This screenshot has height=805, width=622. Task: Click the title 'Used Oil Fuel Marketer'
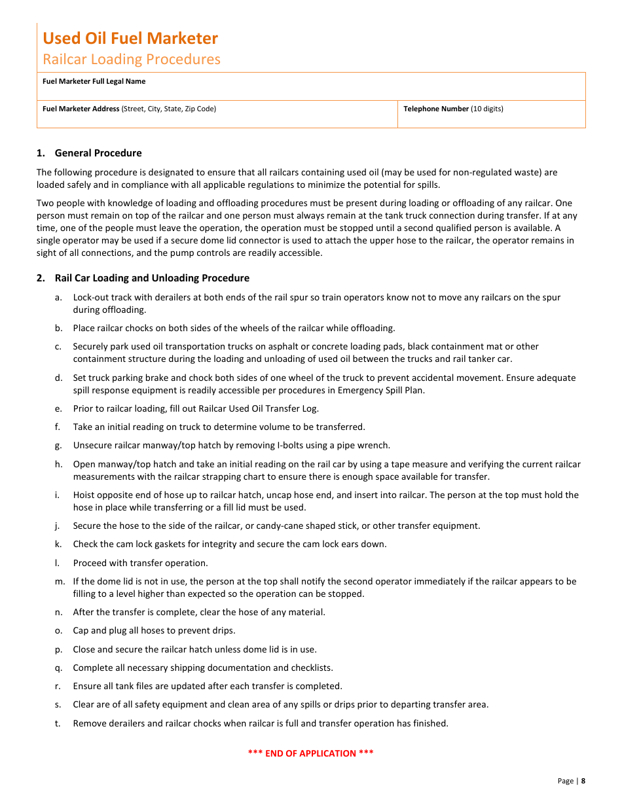coord(130,38)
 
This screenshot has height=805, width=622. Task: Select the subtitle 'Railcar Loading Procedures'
coord(132,59)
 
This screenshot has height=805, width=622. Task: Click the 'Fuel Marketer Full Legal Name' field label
coord(94,81)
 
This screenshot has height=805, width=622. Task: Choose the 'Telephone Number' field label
coord(436,109)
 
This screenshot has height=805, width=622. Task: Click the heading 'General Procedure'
coord(98,153)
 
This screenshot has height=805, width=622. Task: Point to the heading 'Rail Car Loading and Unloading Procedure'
coord(152,278)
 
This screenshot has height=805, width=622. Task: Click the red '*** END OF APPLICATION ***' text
coord(310,753)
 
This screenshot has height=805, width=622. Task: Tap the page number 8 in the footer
coord(583,781)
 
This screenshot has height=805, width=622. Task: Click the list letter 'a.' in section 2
coord(58,297)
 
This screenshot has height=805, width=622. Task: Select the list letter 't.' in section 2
coord(58,723)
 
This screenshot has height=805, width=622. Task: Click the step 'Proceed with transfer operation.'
coord(140,563)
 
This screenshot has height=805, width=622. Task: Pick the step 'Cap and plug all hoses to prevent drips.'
coord(154,630)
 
